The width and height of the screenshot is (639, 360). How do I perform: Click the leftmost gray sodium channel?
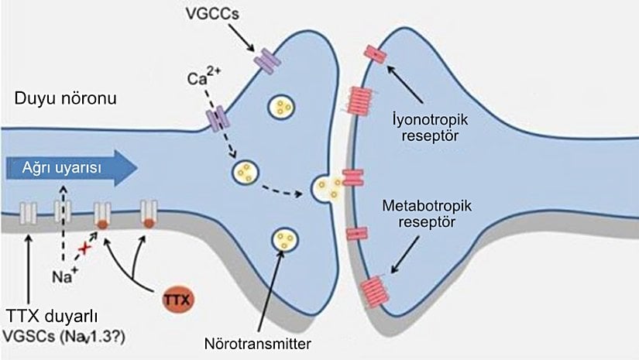click(29, 210)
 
